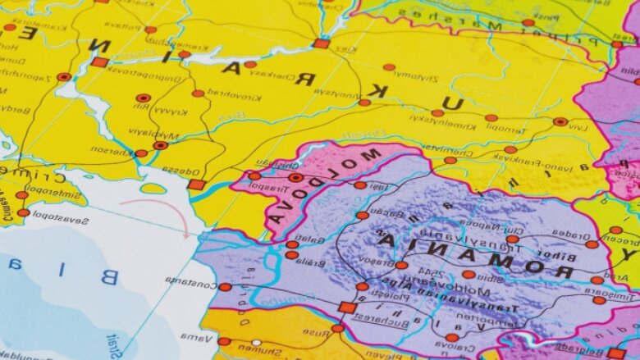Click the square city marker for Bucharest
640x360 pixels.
pos(347,308)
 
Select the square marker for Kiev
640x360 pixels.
pos(322,43)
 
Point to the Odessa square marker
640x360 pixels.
pos(195,185)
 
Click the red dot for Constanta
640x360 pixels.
pos(225,287)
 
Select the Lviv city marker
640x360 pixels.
pos(560,121)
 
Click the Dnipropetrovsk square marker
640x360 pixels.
pos(99,62)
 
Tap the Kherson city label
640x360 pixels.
pos(111,150)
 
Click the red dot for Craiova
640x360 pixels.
pos(452,337)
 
